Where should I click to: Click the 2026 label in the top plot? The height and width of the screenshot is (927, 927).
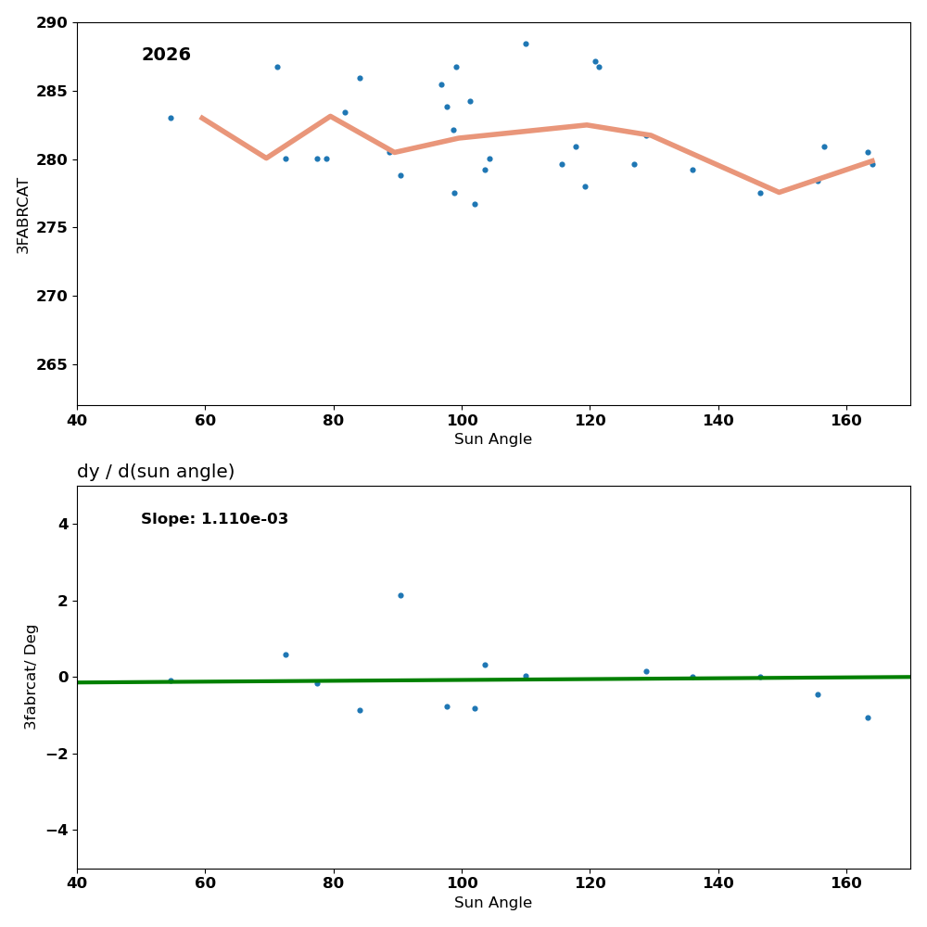pos(166,55)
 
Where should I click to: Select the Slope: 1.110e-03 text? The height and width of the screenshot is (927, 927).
pos(214,519)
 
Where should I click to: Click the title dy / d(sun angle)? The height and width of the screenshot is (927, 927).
pos(156,472)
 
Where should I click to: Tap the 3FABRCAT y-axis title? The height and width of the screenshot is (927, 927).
pos(23,215)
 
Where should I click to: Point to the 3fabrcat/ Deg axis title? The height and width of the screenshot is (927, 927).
pos(32,677)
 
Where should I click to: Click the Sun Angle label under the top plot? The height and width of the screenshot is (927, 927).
pos(493,439)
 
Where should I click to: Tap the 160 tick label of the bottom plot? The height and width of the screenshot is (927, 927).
pos(846,883)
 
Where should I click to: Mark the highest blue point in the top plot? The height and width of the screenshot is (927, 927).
pos(526,44)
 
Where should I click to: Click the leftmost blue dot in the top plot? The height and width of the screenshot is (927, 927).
pos(171,118)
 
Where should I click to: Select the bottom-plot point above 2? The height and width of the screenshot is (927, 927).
pos(400,595)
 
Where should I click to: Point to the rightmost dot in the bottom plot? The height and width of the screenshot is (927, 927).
pos(868,717)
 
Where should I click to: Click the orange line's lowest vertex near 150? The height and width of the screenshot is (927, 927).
pos(779,192)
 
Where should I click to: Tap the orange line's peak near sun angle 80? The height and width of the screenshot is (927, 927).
pos(330,116)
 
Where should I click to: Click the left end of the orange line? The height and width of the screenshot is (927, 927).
pos(202,118)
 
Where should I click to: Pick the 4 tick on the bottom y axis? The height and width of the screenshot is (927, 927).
pos(63,524)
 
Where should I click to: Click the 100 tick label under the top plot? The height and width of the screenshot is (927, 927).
pos(462,420)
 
